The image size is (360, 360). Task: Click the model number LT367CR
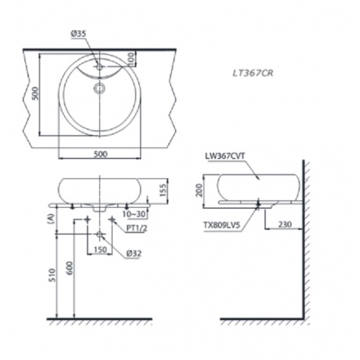254,71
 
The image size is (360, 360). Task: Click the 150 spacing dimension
98,249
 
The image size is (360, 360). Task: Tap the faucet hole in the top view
99,65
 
